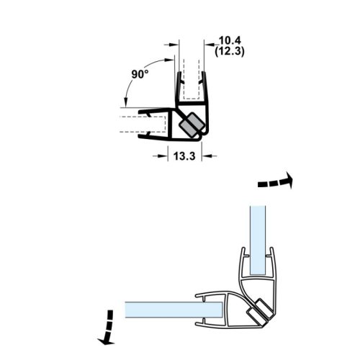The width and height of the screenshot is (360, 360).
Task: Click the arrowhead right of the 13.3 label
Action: tap(205, 153)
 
